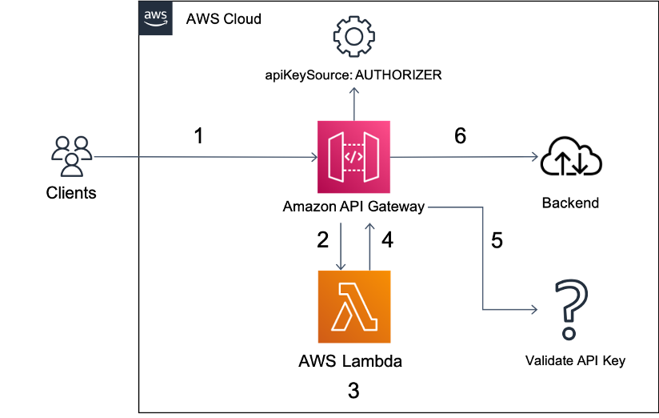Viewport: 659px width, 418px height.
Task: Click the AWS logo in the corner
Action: [155, 18]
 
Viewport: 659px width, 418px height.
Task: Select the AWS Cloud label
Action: [224, 19]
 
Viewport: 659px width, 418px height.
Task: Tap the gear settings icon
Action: [353, 37]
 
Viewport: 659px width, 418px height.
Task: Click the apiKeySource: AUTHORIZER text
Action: [353, 75]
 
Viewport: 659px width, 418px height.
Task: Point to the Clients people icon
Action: [72, 156]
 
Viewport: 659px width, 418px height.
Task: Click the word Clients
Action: [71, 193]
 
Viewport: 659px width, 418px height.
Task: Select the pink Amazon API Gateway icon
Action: [353, 157]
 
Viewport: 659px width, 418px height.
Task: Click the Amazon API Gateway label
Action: [353, 207]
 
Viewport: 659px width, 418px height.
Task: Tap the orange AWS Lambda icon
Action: [354, 307]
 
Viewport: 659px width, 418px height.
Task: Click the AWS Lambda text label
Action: [350, 361]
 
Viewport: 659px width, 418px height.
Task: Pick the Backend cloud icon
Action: [571, 157]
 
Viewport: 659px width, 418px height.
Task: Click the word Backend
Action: [570, 203]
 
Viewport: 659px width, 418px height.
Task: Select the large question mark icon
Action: [571, 309]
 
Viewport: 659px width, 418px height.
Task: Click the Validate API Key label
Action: [575, 361]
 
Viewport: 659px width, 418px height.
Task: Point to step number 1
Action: [199, 136]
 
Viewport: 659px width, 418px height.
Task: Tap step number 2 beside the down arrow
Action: [323, 240]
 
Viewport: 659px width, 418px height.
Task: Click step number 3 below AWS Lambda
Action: [353, 391]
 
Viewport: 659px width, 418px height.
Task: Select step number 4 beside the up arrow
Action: [387, 240]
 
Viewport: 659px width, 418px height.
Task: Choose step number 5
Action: [497, 240]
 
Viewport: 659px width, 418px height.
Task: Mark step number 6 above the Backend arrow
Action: [460, 135]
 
